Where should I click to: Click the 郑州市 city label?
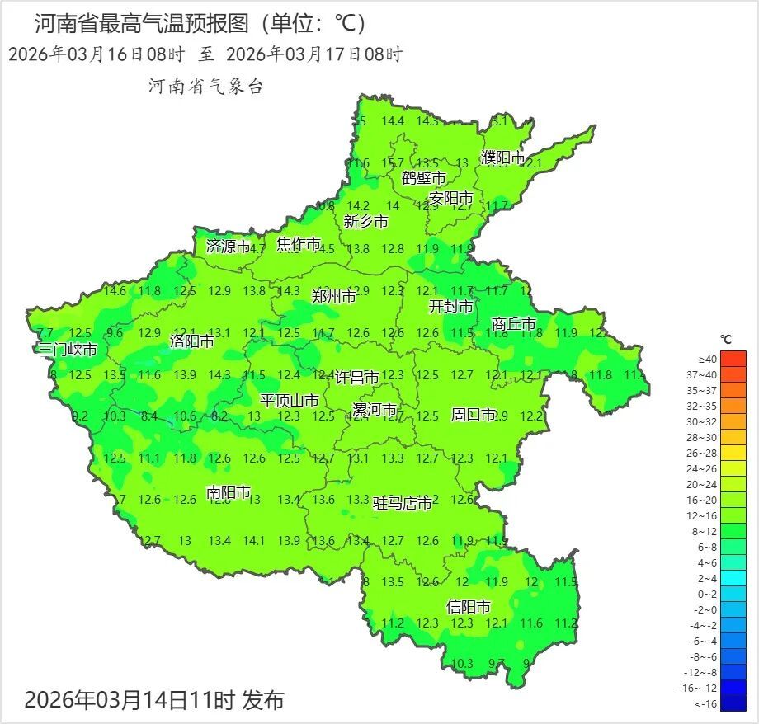pos(333,296)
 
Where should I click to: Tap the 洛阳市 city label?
pos(191,341)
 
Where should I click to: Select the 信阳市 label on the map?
pos(468,607)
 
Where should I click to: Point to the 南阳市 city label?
pos(229,492)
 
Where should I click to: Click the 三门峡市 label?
pos(68,350)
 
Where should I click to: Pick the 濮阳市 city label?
pos(502,157)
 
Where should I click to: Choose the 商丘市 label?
pos(513,324)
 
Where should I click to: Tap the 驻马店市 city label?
pos(403,503)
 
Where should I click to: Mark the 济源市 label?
pos(228,246)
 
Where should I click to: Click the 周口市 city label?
pos(474,414)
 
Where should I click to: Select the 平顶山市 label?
pos(290,401)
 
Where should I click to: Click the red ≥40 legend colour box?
pos(733,359)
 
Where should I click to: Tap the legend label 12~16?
pos(707,516)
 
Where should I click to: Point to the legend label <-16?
pos(707,703)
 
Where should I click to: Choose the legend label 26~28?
pos(707,454)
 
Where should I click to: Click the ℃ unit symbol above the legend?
pos(726,339)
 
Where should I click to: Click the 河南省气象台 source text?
pos(205,86)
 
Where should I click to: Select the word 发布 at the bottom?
pos(262,701)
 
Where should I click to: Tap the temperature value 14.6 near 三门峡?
pos(115,290)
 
